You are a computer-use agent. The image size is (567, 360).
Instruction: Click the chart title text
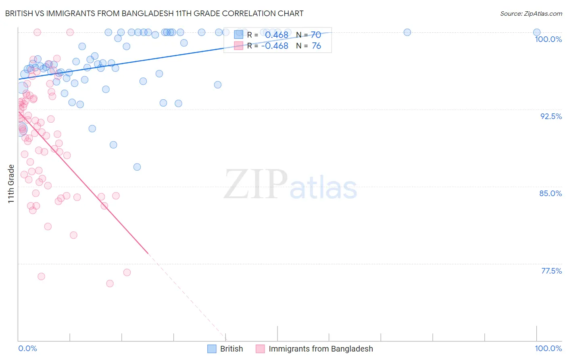click(154, 13)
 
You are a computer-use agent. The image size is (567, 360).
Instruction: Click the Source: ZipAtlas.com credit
click(531, 13)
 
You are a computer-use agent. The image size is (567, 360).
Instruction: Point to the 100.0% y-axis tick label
click(548, 39)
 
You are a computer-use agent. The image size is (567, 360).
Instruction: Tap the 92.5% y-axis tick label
click(551, 116)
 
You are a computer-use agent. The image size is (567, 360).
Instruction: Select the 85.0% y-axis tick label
click(550, 193)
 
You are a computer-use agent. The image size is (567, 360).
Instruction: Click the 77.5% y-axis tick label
click(551, 271)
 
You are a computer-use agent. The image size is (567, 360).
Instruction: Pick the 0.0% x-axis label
click(27, 348)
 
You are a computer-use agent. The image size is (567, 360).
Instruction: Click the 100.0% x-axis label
click(548, 348)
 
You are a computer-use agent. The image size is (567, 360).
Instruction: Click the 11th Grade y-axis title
click(11, 184)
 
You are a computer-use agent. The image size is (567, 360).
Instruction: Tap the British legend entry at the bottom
click(231, 349)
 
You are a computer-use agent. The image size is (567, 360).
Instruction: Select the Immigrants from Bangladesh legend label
click(321, 349)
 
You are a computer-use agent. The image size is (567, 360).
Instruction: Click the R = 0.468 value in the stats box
click(276, 35)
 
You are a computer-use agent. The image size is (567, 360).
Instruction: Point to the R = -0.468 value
click(275, 46)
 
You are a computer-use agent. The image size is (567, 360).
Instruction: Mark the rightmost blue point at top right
click(537, 32)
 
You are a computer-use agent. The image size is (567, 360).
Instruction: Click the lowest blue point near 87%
click(137, 167)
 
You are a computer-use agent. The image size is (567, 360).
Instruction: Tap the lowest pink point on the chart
click(110, 284)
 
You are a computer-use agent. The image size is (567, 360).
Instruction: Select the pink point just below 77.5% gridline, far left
click(41, 276)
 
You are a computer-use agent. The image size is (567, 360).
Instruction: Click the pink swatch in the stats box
click(238, 46)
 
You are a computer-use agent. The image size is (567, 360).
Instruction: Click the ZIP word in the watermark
click(256, 184)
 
